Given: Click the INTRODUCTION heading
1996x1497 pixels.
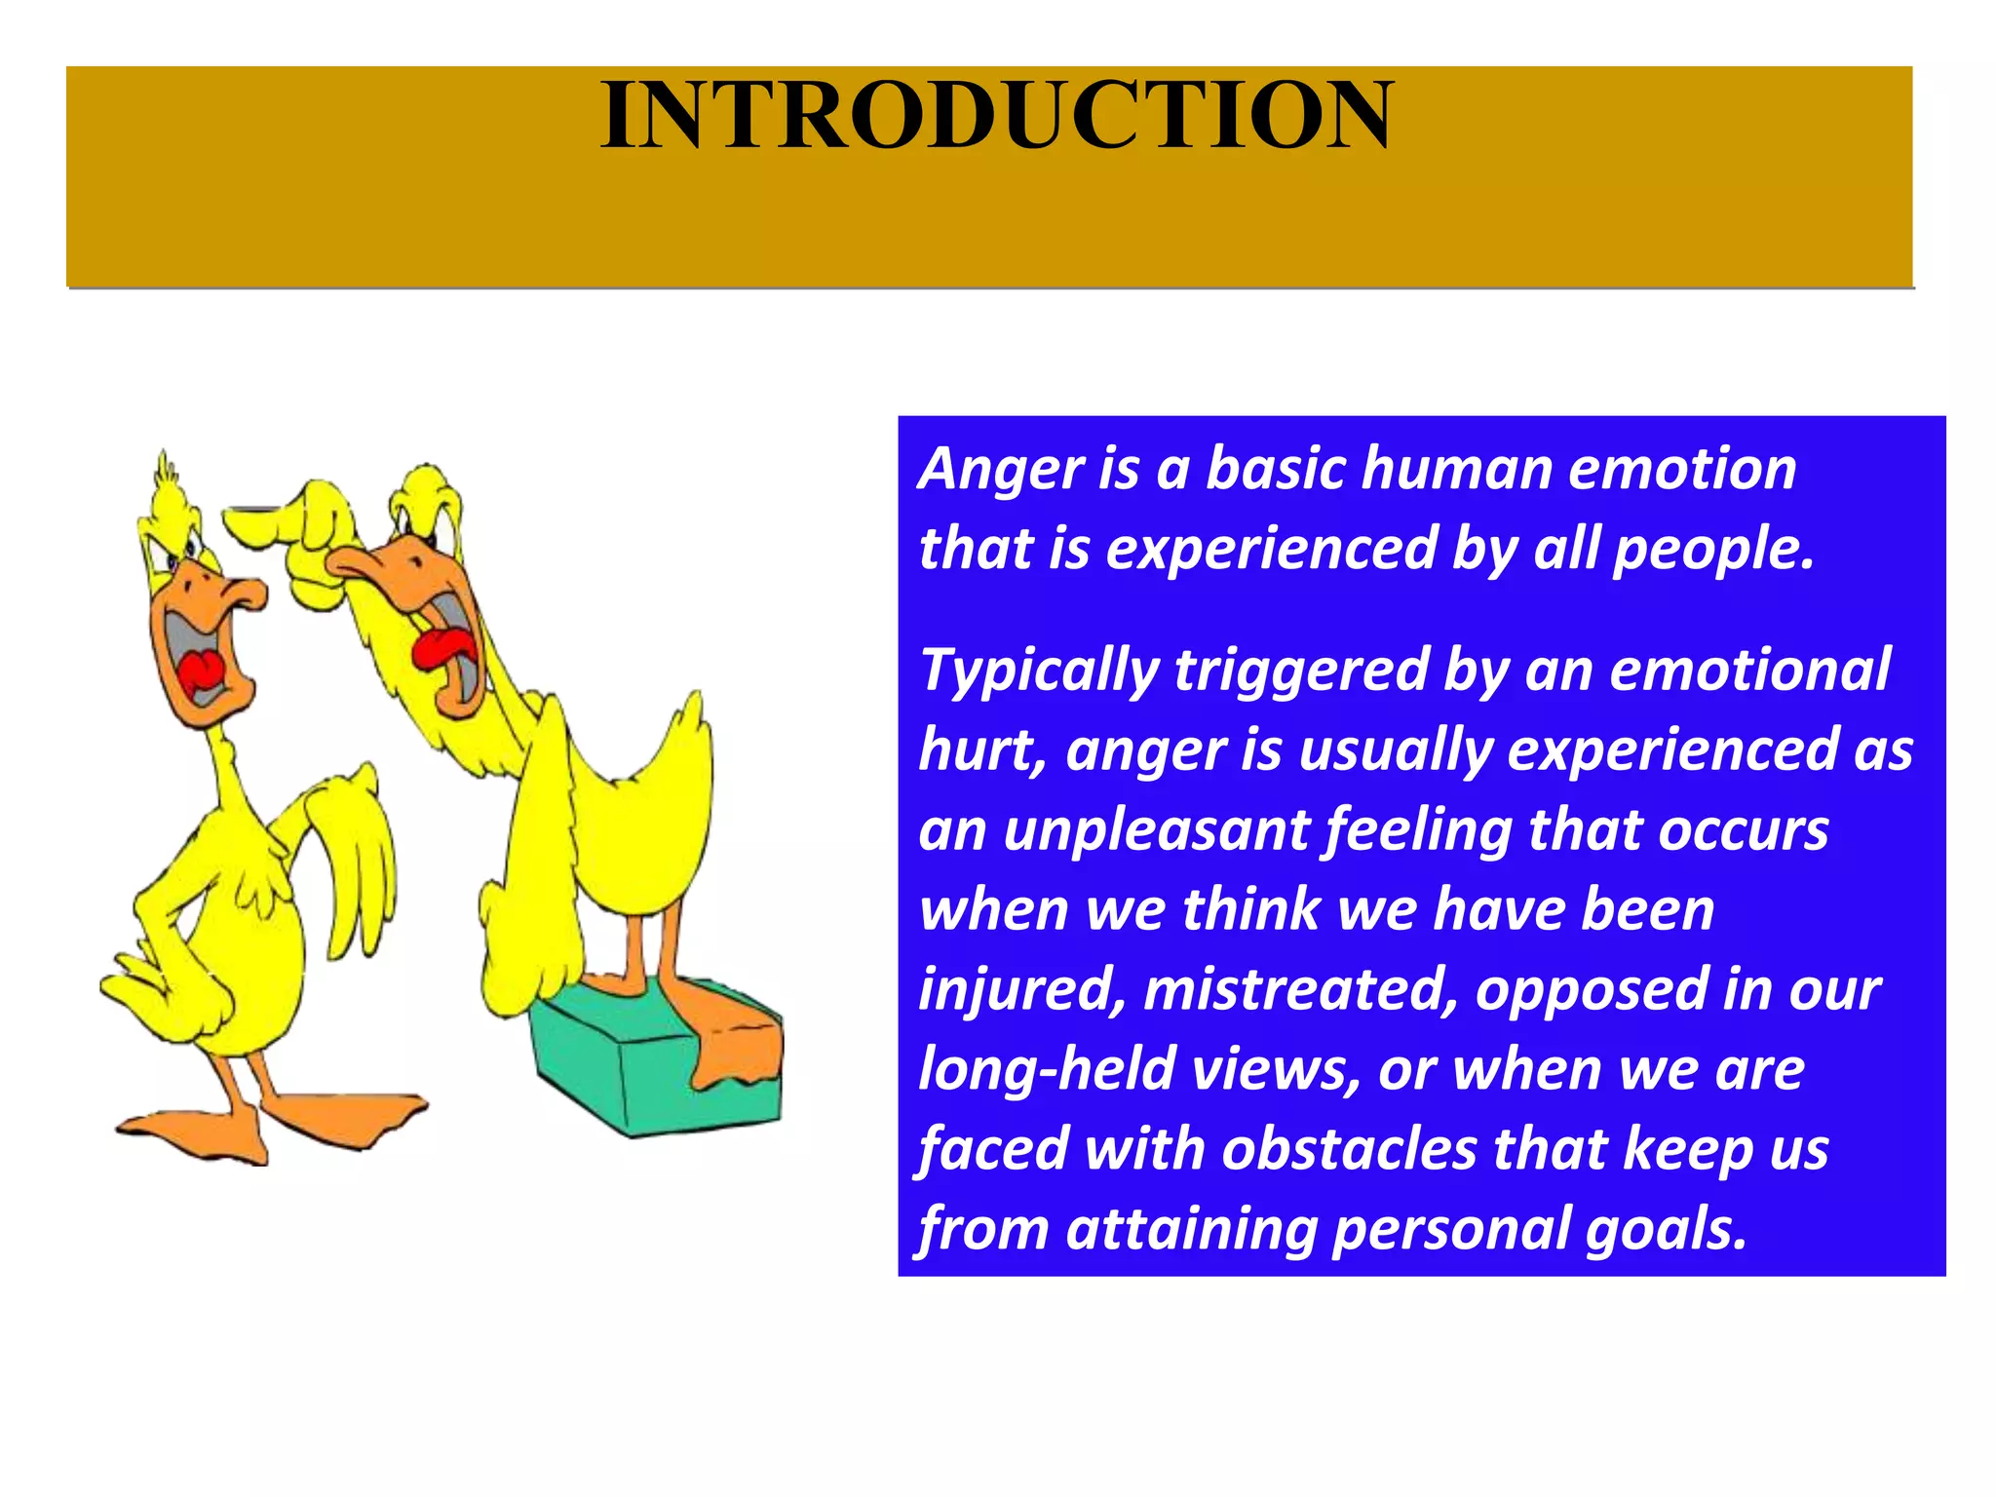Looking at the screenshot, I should point(997,115).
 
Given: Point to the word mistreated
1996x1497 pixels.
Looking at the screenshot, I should point(1299,990).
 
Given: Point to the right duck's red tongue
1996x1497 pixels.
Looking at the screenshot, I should point(443,648).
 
